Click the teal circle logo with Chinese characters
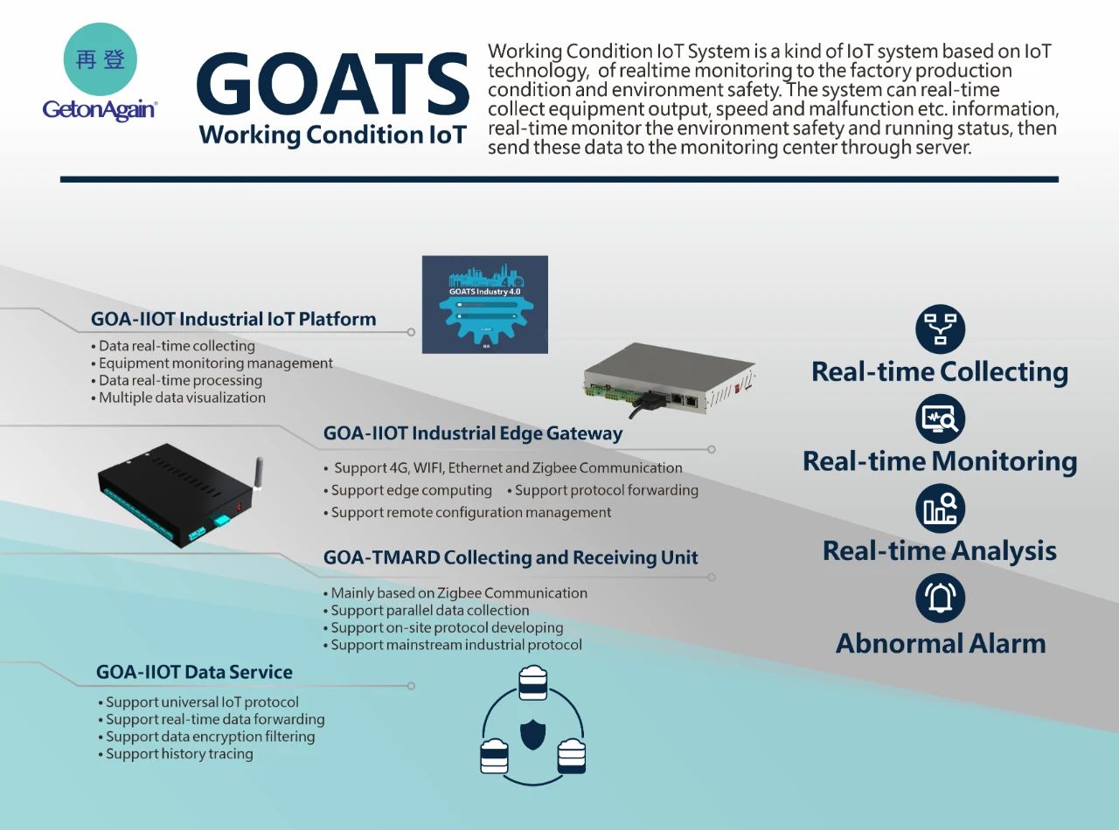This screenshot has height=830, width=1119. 100,59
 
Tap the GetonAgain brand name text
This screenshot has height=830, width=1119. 100,110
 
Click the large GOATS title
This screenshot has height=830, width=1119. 332,84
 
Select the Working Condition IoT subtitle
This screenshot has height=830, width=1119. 332,135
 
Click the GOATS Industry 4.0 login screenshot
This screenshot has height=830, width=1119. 485,305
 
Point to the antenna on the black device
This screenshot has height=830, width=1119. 258,473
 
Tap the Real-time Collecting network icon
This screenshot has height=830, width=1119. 940,329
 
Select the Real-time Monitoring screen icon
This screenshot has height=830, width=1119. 940,418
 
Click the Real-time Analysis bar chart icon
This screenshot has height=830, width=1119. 940,508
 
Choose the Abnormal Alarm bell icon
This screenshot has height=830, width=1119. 940,598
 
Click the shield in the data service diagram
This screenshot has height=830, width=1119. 532,735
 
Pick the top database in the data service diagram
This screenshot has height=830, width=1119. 532,682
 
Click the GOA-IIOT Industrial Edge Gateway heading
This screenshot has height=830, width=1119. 473,433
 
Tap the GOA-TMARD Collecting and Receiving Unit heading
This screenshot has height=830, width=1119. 511,557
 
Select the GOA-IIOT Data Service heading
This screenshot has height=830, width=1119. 194,672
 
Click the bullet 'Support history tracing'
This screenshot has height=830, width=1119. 176,754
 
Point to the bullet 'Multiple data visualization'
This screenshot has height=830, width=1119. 178,398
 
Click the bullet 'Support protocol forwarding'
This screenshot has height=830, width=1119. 603,490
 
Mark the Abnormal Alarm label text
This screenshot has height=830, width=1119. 941,643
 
